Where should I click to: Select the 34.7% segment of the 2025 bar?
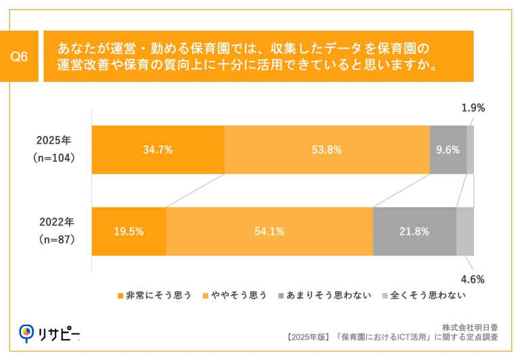[158, 150]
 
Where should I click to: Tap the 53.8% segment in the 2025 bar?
[326, 150]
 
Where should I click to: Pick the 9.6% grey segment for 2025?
[448, 150]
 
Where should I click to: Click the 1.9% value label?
[473, 108]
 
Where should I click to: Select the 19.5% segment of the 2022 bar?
[129, 231]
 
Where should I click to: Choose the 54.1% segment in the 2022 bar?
[269, 231]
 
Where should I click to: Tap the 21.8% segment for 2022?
[414, 231]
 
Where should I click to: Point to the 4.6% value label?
[473, 278]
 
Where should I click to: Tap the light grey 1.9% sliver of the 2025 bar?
[470, 150]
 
